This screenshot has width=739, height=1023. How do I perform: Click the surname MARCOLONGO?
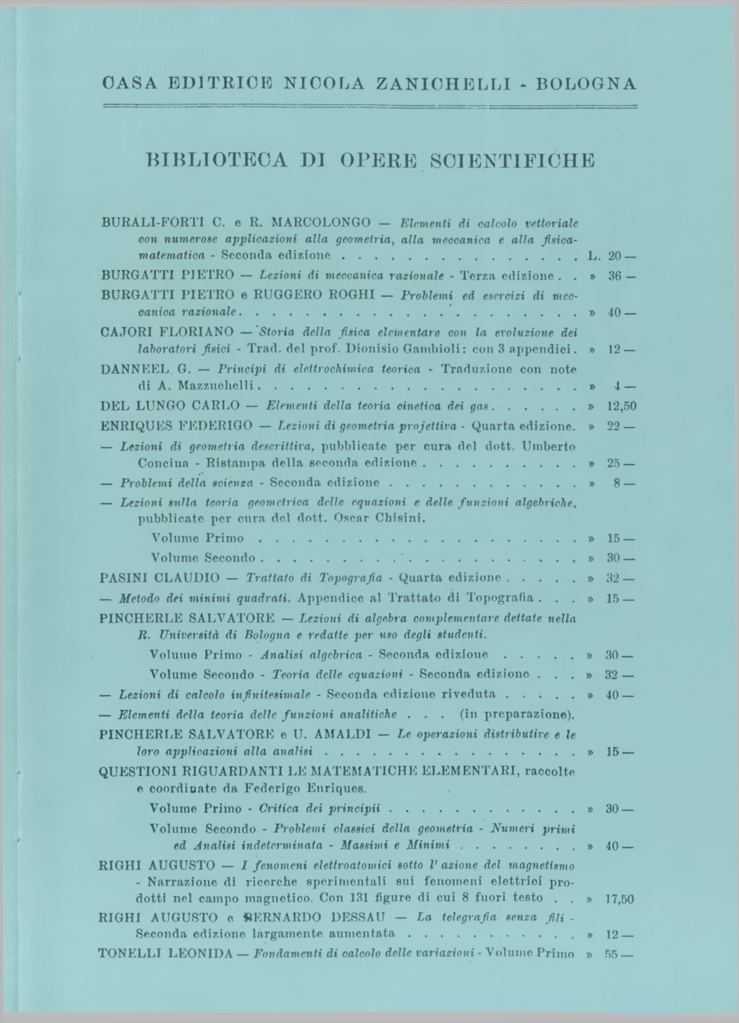(x=321, y=222)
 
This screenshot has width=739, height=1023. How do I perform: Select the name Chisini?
(x=400, y=518)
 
